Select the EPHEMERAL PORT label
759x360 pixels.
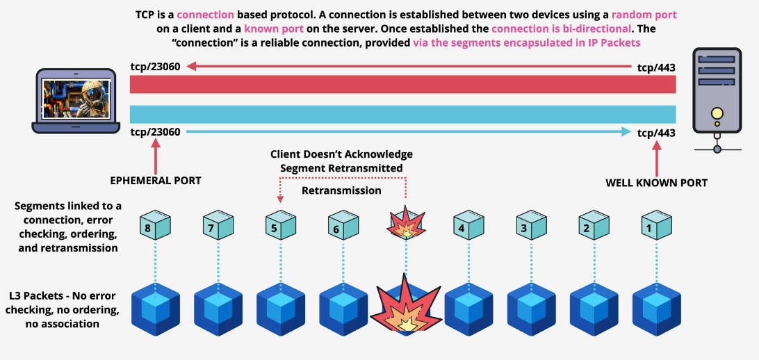(155, 181)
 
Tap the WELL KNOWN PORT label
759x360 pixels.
(656, 183)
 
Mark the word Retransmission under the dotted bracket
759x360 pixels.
(341, 190)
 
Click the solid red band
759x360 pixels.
(403, 84)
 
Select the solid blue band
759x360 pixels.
(403, 114)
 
